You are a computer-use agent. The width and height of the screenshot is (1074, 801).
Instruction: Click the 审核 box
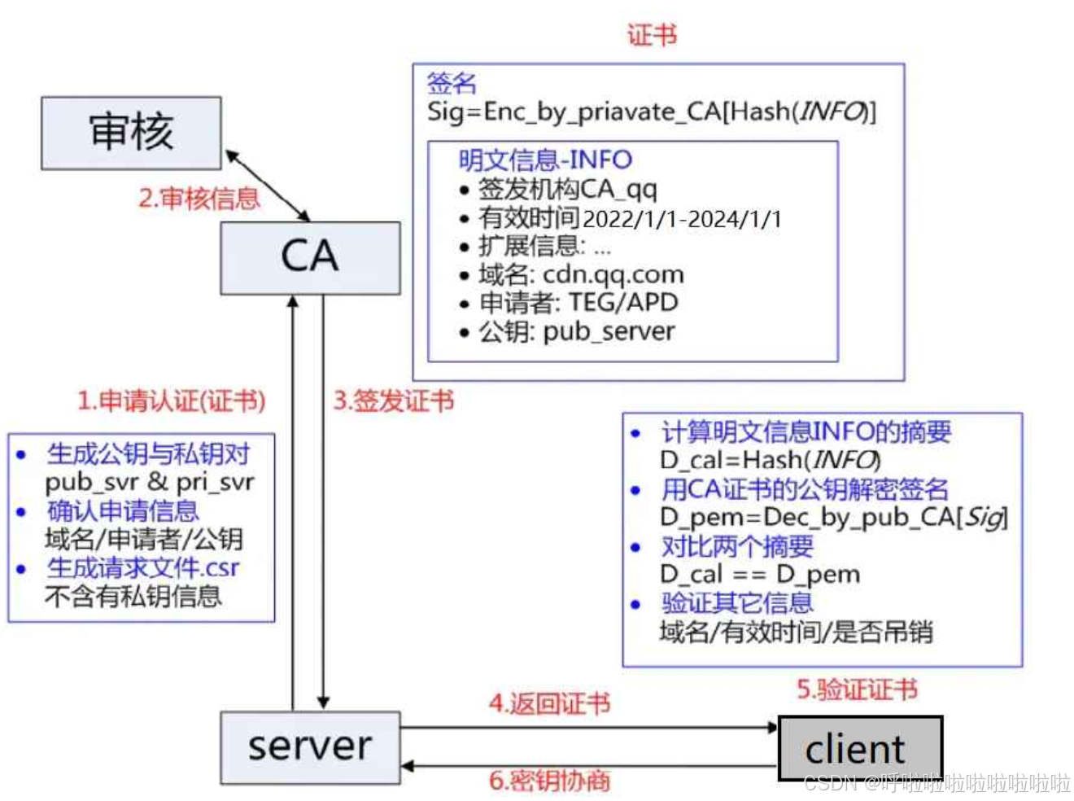[x=131, y=133]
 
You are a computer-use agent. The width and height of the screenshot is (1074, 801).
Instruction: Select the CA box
[x=310, y=258]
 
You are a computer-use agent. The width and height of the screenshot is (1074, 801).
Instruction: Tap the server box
[x=310, y=747]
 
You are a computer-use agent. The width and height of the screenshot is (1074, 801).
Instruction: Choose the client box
[x=860, y=747]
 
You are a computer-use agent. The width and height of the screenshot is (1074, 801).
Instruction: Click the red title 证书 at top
[x=652, y=35]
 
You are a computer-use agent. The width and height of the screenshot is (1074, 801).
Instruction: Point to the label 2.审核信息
[x=199, y=199]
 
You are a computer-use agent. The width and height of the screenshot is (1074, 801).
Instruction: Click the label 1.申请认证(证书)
[x=172, y=400]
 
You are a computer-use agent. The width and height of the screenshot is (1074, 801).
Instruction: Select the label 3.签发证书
[x=393, y=400]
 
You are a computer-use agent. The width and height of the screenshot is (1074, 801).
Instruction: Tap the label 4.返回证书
[x=549, y=703]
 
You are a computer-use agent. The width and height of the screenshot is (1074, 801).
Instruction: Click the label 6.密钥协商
[x=549, y=780]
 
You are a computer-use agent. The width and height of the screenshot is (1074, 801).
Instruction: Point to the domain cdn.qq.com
[x=613, y=275]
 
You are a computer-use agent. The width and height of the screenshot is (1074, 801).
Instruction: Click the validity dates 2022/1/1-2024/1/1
[x=682, y=219]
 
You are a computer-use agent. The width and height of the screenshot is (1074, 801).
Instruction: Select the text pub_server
[x=609, y=332]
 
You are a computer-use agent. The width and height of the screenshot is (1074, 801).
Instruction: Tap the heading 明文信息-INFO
[x=545, y=160]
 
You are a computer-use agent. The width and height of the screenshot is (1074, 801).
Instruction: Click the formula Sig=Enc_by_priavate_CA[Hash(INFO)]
[x=652, y=112]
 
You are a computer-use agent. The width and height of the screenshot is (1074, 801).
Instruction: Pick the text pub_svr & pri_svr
[x=150, y=483]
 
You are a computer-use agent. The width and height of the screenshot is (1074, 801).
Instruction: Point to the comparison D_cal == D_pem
[x=759, y=575]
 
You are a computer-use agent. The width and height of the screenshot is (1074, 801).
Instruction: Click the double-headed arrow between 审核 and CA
[x=267, y=186]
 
